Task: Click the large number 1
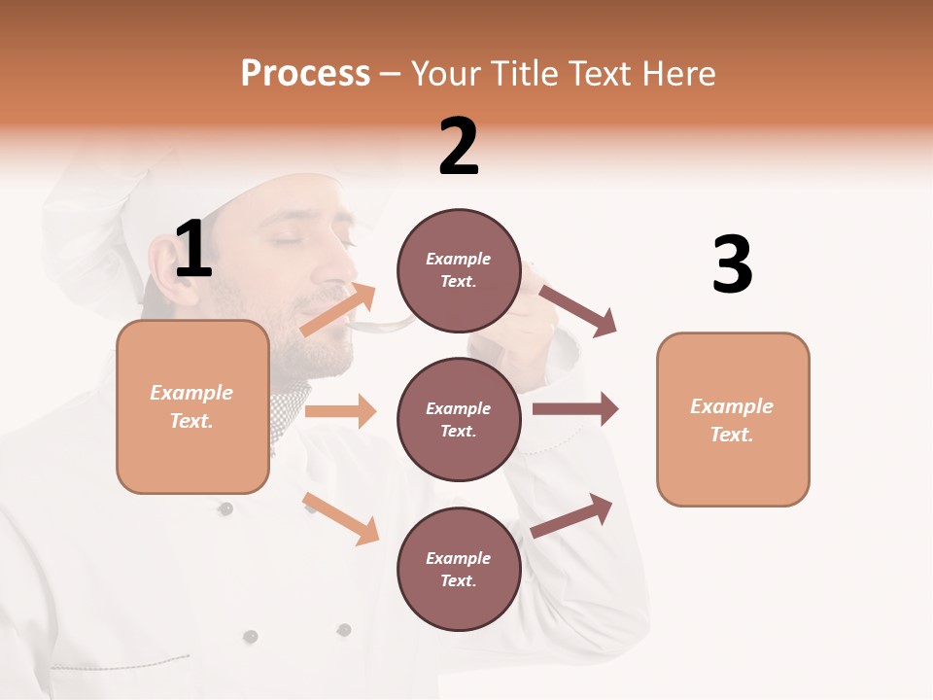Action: [193, 250]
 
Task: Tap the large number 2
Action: [459, 147]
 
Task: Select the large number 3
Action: [732, 265]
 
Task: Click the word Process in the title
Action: [305, 74]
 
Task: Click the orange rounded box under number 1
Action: [192, 406]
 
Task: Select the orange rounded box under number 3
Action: [733, 419]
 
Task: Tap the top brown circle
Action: [459, 270]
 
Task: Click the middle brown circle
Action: [459, 419]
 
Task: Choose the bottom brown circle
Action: [459, 569]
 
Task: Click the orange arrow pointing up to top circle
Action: [338, 309]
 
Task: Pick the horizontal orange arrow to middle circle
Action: [340, 411]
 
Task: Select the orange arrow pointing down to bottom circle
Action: [340, 518]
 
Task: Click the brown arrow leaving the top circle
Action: [578, 310]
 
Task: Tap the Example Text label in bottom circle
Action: [459, 569]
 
